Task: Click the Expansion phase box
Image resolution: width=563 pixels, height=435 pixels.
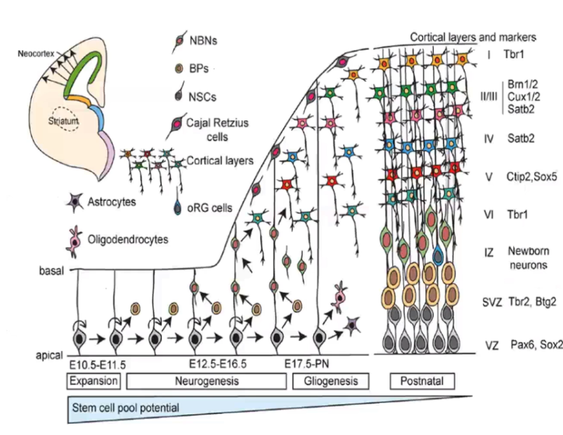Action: [94, 381]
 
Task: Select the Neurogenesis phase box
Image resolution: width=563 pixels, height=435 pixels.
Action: [207, 381]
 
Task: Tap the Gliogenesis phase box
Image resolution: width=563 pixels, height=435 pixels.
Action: [331, 381]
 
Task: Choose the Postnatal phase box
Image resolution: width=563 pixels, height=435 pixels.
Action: [422, 381]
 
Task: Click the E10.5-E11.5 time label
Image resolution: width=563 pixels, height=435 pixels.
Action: [97, 365]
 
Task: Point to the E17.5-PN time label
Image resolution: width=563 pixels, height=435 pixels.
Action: [307, 364]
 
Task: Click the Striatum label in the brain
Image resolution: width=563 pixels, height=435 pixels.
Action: [64, 121]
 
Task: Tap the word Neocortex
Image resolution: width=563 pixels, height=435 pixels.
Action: [36, 54]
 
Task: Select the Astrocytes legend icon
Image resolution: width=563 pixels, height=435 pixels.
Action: [75, 202]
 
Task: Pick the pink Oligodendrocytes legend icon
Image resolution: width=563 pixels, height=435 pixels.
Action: [74, 240]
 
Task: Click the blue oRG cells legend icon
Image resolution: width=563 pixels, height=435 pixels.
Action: [178, 208]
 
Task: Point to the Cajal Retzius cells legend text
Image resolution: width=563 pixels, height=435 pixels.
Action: [217, 130]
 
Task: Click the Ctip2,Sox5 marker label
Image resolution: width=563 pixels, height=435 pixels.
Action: [531, 177]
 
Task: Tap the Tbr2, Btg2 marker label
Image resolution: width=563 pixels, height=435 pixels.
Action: [532, 302]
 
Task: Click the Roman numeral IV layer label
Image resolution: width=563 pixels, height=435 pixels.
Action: [489, 139]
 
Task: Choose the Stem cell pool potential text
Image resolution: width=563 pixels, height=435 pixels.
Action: [125, 408]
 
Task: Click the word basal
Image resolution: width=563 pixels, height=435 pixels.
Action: [51, 271]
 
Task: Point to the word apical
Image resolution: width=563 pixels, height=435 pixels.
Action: [49, 355]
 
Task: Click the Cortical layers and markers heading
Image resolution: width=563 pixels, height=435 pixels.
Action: [473, 37]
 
